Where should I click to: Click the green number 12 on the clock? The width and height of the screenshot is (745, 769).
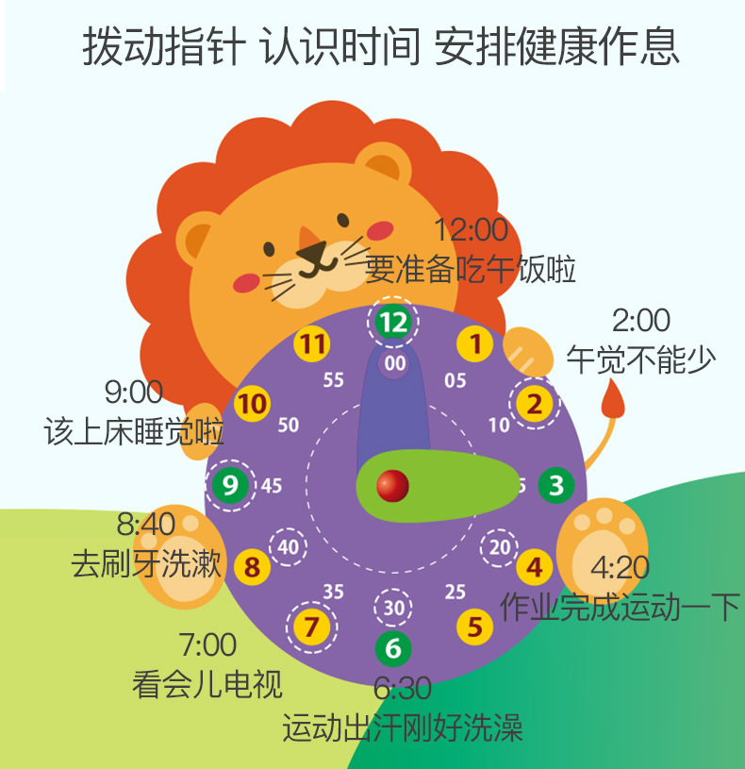(393, 322)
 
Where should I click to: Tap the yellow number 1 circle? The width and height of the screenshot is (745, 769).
(475, 344)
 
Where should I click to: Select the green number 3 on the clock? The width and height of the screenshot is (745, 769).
(556, 485)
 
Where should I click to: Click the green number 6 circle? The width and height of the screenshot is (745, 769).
(393, 648)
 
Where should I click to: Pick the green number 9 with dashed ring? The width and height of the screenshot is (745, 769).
(230, 485)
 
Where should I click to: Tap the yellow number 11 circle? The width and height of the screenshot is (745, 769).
(312, 344)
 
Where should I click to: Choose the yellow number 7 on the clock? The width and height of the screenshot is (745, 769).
(312, 626)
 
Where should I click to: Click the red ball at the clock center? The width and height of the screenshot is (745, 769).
(392, 486)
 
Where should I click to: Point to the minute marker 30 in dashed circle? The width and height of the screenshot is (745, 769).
(393, 608)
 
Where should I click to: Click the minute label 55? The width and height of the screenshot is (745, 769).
(333, 380)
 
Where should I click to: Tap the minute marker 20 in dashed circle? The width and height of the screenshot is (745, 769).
(500, 546)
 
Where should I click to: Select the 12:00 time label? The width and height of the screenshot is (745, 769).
(471, 229)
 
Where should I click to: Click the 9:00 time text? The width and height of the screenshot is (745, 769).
(133, 391)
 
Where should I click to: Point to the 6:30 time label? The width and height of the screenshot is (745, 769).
(403, 689)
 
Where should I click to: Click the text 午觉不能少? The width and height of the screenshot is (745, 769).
(640, 359)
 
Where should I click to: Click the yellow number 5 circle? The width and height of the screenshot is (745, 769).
(475, 626)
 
